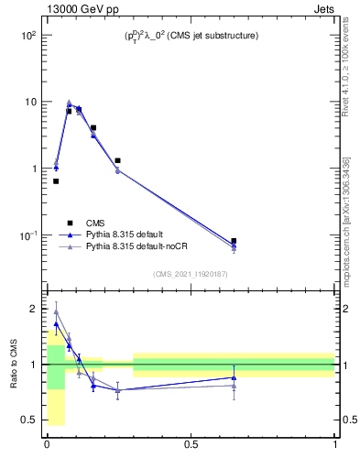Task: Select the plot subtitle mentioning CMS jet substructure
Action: pos(191,36)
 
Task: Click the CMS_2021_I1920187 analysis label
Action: pos(190,273)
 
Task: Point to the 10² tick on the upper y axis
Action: pos(25,35)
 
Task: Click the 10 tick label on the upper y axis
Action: pos(27,102)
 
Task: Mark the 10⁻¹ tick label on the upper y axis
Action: pos(25,235)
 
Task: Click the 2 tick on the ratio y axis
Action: pos(32,309)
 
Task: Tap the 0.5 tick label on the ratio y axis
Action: pos(27,420)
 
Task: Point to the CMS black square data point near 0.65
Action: pos(234,241)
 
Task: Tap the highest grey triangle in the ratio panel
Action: pos(56,311)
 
